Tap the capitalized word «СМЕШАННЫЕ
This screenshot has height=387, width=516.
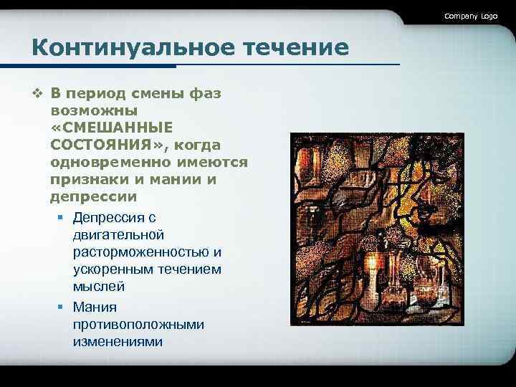coord(112,128)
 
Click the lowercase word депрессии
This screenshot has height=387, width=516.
coord(94,196)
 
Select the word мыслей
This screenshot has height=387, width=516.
coord(99,287)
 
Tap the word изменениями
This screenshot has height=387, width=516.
coord(118,342)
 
